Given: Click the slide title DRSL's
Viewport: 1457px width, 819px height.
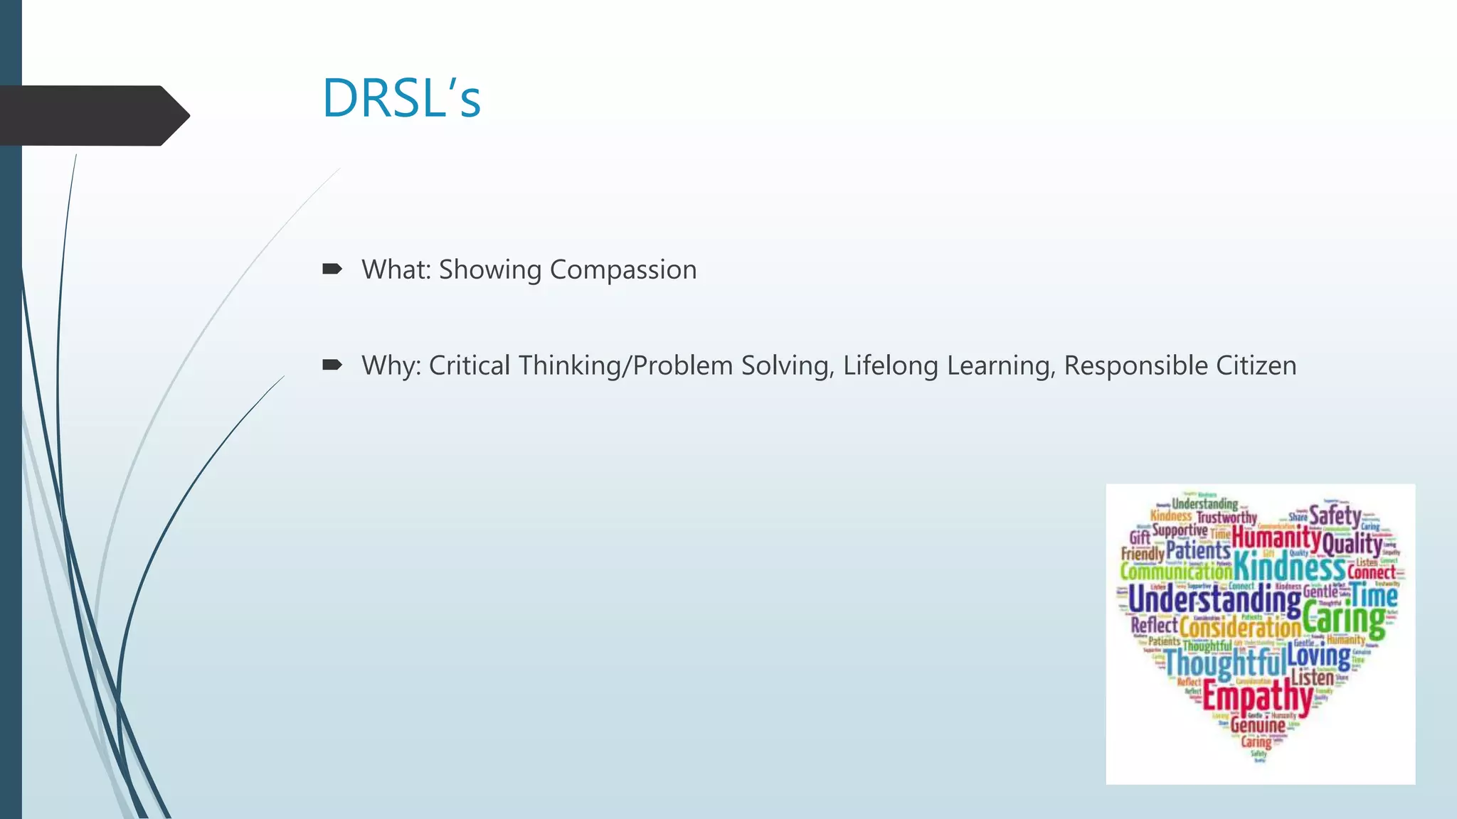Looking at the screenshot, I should [401, 98].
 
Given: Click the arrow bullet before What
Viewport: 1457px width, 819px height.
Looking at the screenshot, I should [332, 269].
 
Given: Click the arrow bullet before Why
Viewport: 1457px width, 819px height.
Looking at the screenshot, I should [332, 365].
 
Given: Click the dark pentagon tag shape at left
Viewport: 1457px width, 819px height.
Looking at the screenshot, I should [92, 115].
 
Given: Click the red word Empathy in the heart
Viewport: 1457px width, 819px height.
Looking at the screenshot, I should [1256, 695].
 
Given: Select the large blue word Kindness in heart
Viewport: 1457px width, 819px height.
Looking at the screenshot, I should [1288, 567].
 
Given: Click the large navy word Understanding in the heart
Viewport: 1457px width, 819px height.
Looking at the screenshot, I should [1214, 600].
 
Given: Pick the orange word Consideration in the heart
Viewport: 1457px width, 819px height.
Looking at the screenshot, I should [1240, 628].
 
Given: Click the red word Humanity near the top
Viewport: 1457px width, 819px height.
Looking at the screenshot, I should [1276, 537].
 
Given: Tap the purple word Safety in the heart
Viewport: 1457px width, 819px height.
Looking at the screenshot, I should [1335, 515].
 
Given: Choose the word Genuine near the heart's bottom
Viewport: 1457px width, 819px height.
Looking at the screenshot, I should [1258, 725].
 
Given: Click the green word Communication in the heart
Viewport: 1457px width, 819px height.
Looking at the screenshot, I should [1175, 571].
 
